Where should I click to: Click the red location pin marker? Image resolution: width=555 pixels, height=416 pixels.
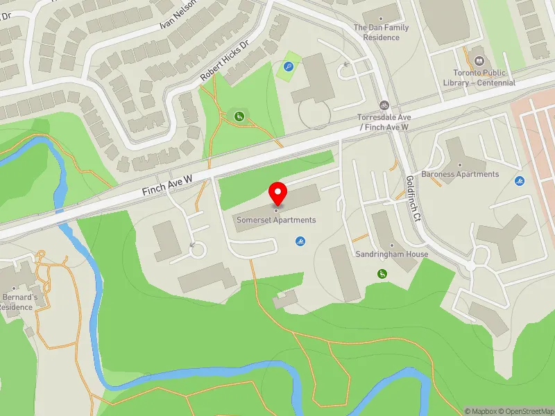tap(277, 193)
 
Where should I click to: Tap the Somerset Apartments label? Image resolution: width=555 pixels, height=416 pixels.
tap(276, 220)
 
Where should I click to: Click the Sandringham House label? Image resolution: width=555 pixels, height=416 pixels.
tap(392, 254)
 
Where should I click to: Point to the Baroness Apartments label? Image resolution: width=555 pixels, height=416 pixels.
tap(460, 174)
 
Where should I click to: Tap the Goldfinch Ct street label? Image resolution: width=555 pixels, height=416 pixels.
tap(413, 196)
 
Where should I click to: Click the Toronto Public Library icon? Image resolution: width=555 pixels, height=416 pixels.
tap(478, 60)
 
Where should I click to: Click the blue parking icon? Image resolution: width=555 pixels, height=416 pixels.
tap(288, 68)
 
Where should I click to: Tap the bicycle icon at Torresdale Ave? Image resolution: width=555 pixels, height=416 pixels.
tap(384, 105)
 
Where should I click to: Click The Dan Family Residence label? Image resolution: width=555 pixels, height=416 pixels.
tap(381, 32)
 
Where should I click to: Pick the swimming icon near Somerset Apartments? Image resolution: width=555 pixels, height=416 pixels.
tap(300, 241)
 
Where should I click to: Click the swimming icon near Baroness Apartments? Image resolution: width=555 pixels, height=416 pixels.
tap(520, 182)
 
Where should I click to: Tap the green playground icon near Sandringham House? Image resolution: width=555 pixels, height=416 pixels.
tap(382, 275)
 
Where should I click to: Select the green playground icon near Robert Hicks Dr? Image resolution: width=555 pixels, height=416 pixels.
tap(239, 116)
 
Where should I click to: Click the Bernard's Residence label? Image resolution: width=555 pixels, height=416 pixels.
tap(17, 302)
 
